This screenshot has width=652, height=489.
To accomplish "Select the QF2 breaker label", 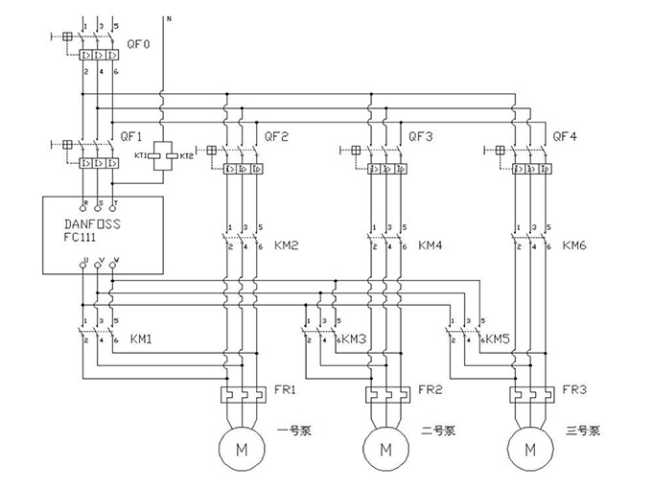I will (x=277, y=136).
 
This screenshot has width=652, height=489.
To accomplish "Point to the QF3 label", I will (x=421, y=136).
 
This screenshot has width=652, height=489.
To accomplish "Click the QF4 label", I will (x=565, y=136).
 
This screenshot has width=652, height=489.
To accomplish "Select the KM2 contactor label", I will (x=286, y=245).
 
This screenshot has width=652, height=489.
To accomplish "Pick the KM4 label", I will (x=431, y=245).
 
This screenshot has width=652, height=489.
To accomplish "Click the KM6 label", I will (x=575, y=245).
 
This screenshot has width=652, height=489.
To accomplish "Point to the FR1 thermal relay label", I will (x=285, y=391).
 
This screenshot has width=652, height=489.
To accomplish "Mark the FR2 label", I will (x=430, y=391).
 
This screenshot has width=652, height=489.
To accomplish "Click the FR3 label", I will (x=573, y=391).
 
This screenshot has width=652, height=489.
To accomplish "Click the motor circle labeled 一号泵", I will (x=241, y=447).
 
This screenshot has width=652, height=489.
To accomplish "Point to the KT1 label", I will (x=142, y=153).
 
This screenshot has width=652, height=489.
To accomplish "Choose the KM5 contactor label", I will (x=497, y=338).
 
